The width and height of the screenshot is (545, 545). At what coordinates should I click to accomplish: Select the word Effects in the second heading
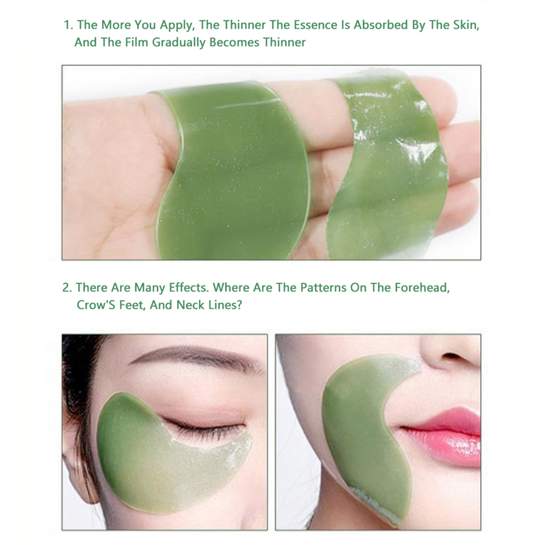pos(189,287)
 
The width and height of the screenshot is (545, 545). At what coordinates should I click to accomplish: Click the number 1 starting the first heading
pos(67,25)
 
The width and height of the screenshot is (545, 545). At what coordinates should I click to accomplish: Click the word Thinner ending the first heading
pos(284,42)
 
